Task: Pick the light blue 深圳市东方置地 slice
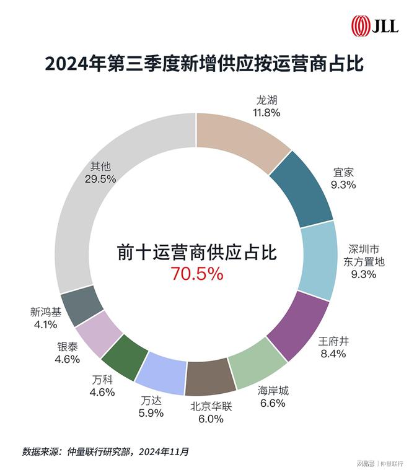click(x=319, y=258)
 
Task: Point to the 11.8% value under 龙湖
click(x=266, y=113)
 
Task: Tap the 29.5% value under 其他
click(x=100, y=178)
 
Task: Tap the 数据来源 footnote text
click(x=106, y=450)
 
